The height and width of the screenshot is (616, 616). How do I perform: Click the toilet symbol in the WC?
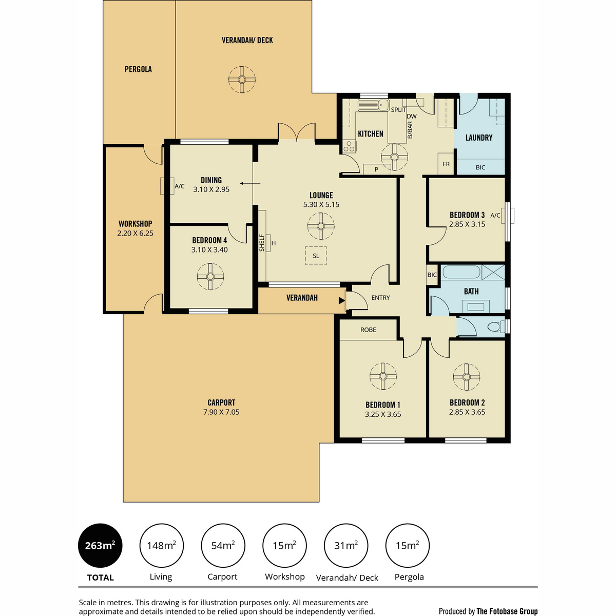click(x=496, y=326)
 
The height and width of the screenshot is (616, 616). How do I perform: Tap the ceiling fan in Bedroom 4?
click(x=210, y=277)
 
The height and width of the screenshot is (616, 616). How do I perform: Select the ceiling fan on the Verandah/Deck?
click(x=242, y=80)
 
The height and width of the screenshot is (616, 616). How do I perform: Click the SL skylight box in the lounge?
click(x=316, y=256)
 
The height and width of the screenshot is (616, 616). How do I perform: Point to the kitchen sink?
click(x=374, y=105)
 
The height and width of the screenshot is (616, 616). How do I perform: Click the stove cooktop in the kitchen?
click(x=349, y=146)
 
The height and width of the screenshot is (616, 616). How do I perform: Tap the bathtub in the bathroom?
click(x=461, y=273)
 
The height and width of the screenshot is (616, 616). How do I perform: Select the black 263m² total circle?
click(x=100, y=545)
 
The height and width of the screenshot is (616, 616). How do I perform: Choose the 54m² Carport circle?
click(x=223, y=545)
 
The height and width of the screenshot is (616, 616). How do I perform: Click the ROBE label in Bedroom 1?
click(x=368, y=330)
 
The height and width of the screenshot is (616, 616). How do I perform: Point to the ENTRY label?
click(x=380, y=298)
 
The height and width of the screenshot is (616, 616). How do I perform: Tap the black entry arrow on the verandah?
click(x=342, y=300)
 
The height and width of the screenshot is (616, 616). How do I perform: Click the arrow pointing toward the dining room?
click(x=250, y=183)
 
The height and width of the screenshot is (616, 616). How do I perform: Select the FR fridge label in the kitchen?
click(x=446, y=164)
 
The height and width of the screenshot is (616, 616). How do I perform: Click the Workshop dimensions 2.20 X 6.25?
click(x=135, y=234)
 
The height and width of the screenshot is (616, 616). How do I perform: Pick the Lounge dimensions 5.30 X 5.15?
click(x=321, y=205)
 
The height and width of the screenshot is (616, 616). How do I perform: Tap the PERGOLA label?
click(x=138, y=69)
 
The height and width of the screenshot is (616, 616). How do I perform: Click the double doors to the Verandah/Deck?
click(x=297, y=132)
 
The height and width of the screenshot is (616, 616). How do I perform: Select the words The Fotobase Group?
click(x=507, y=611)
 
